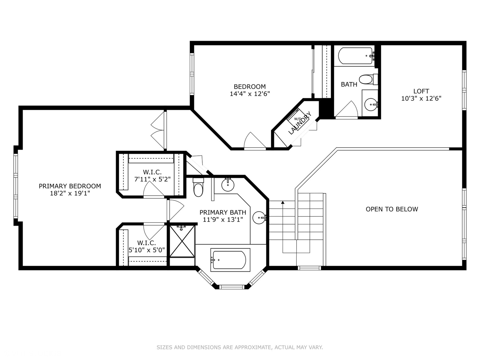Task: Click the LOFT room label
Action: tap(421, 91)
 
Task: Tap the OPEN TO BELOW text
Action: tap(392, 209)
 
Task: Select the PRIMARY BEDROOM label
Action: tap(70, 186)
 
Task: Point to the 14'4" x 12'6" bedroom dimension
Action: tap(250, 94)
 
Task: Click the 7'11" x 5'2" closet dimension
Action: tap(152, 179)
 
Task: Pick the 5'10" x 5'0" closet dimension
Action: tap(147, 250)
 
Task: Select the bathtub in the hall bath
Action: tap(355, 56)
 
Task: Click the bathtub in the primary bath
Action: tap(230, 260)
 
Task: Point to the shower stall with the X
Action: tap(182, 241)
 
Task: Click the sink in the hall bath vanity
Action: tap(371, 105)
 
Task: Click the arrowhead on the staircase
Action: tap(283, 202)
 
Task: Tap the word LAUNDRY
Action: tap(300, 123)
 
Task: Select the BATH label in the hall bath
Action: tap(349, 84)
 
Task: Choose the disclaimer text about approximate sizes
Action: tap(240, 347)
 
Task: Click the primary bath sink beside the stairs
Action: tap(259, 218)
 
